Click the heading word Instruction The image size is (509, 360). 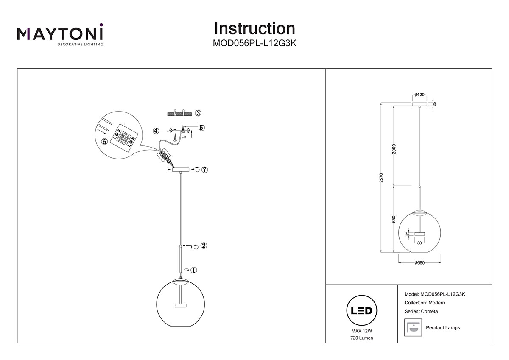click(255, 28)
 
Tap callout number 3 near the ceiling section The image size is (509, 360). click(198, 113)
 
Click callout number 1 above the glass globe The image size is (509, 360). click(194, 270)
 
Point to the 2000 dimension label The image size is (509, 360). click(394, 150)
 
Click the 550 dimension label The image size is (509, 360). click(394, 219)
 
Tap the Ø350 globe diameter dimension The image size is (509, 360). click(419, 263)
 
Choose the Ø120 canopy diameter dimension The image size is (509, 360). click(420, 95)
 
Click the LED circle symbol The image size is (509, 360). click(362, 311)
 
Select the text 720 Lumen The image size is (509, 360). click(362, 338)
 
